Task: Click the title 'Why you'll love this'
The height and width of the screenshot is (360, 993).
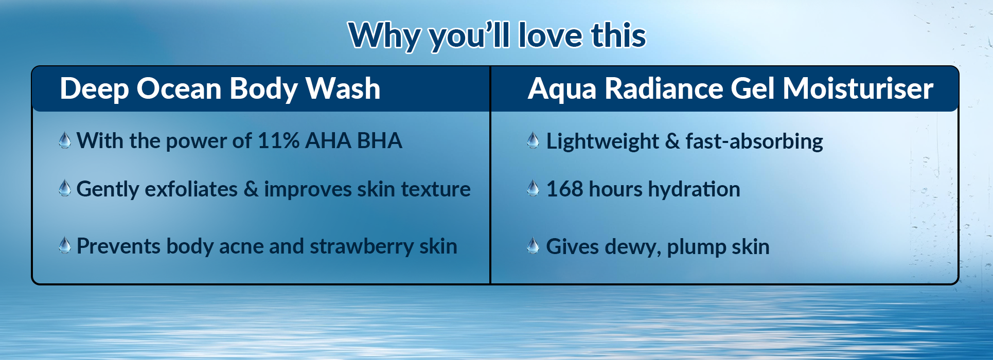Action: click(x=497, y=35)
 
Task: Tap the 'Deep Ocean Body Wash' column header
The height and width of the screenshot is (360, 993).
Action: click(x=220, y=88)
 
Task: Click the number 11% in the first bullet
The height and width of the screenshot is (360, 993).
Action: click(x=278, y=140)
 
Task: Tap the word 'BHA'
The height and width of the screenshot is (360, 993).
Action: click(x=380, y=140)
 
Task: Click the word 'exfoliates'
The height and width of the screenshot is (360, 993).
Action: click(x=191, y=189)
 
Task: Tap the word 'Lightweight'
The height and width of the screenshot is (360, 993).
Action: click(x=602, y=141)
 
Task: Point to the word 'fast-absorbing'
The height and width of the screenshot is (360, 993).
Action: click(x=754, y=141)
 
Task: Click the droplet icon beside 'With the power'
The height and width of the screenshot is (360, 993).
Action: click(x=65, y=140)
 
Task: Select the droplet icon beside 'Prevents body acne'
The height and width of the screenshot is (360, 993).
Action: click(x=65, y=245)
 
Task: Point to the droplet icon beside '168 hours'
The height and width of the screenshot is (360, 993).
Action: click(x=534, y=188)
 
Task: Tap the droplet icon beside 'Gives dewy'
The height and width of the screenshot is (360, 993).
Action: click(x=534, y=246)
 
